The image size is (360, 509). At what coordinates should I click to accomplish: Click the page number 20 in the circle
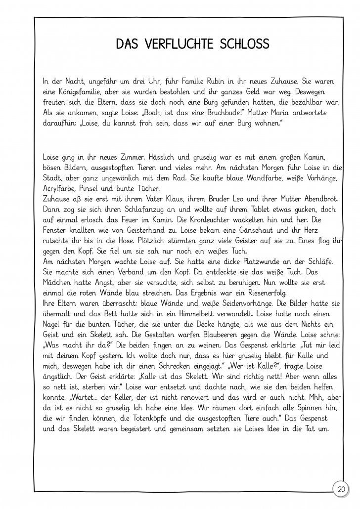pyautogui.click(x=341, y=490)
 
